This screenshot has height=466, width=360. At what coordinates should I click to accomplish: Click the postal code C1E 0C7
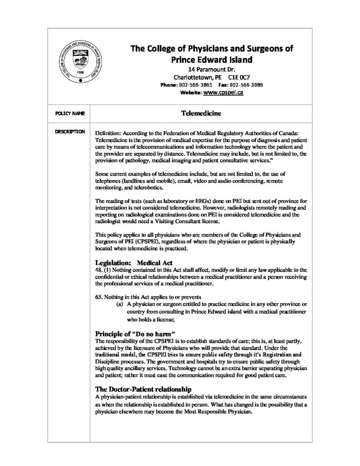pyautogui.click(x=238, y=77)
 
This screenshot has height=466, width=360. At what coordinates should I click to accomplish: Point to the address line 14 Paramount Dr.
pyautogui.click(x=212, y=69)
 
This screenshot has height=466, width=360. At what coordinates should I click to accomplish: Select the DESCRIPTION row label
pyautogui.click(x=70, y=132)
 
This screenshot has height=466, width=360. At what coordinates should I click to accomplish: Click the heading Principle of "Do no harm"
pyautogui.click(x=135, y=334)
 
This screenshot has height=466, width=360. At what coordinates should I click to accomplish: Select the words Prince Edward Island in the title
pyautogui.click(x=212, y=60)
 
